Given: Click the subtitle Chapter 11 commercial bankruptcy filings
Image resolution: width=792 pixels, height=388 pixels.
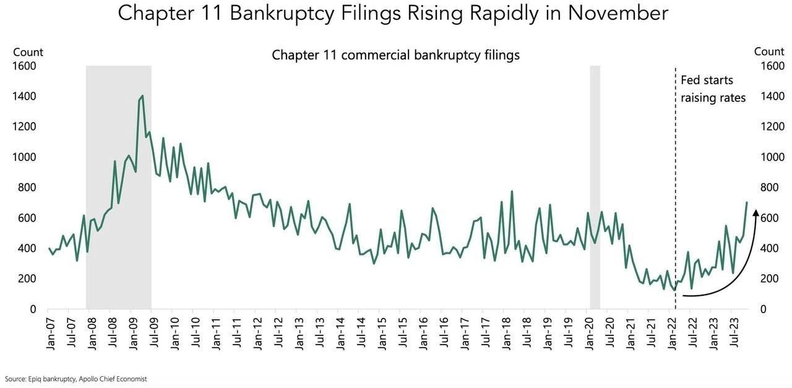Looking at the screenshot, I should [x=395, y=55].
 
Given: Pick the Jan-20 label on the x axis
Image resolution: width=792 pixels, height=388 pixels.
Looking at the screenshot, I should [x=589, y=334].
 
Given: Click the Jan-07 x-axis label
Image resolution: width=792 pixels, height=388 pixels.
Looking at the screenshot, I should [x=51, y=334].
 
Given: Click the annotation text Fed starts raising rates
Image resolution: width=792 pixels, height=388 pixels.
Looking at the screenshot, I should [x=713, y=89].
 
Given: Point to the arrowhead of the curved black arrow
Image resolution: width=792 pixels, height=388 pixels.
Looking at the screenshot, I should [x=755, y=213].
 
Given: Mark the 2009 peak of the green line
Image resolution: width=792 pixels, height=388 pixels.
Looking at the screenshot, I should [x=142, y=96].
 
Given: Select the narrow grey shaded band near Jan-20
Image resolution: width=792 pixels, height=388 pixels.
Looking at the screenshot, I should [x=595, y=186].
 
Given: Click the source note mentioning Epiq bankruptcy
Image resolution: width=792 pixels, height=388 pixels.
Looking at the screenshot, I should [x=75, y=379].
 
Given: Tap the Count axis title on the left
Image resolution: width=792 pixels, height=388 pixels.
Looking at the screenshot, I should [x=28, y=52].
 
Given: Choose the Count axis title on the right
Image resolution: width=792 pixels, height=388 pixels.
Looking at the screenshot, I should [x=768, y=52].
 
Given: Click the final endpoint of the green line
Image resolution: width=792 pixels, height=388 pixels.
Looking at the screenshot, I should [x=747, y=202].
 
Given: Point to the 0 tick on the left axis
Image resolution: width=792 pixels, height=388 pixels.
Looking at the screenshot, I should [x=33, y=309].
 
